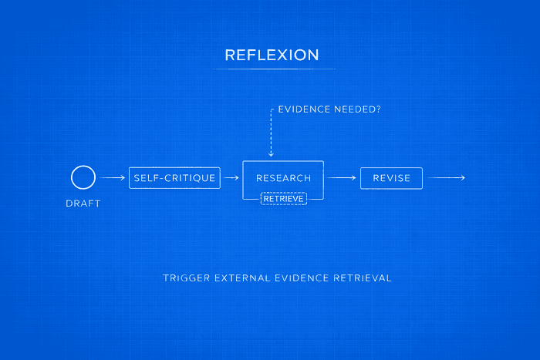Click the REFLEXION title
pos(271,55)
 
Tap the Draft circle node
pos(83,178)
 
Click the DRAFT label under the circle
pos(83,204)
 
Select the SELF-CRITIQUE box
pos(174,178)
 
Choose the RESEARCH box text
pos(283,178)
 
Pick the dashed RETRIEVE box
pos(283,198)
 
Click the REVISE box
pos(391,178)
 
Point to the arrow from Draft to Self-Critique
pos(113,178)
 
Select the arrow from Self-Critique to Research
pos(231,178)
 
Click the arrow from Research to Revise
pos(342,178)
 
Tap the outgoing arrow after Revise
pos(447,178)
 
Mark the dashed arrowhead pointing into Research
pos(271,154)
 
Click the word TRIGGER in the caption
pos(185,278)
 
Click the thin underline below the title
pos(271,69)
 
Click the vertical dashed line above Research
pos(271,131)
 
